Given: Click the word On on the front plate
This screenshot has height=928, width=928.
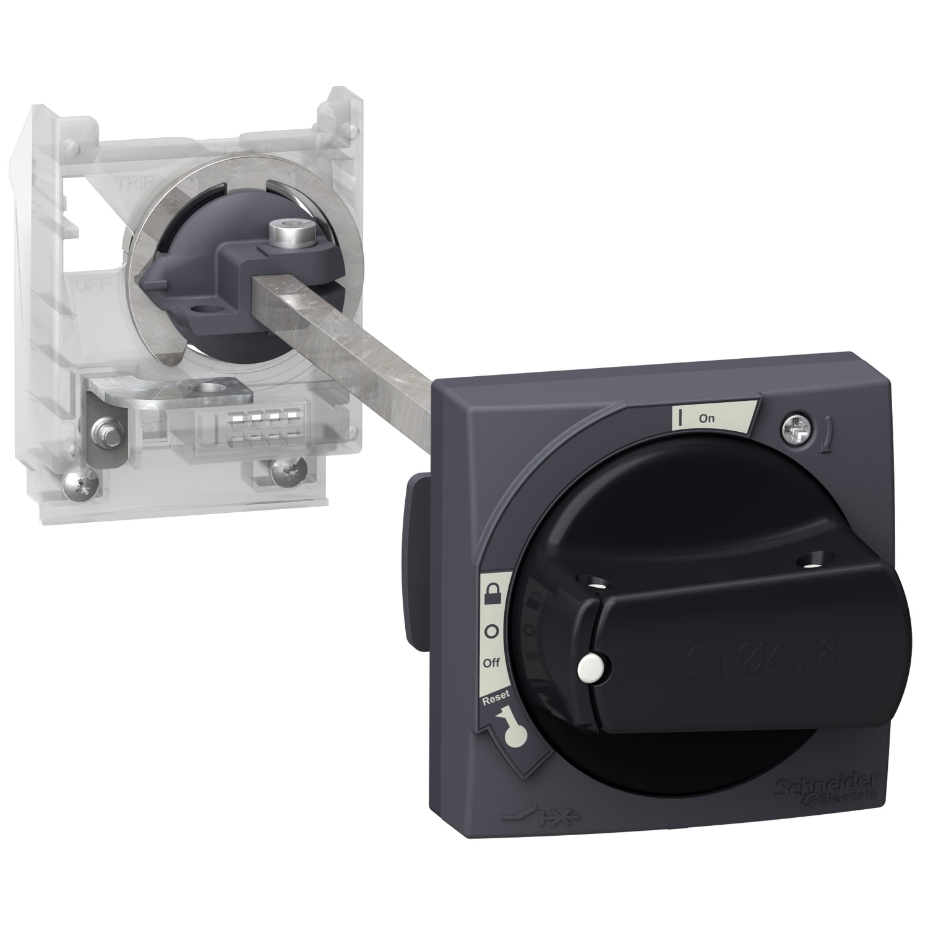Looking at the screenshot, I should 707,418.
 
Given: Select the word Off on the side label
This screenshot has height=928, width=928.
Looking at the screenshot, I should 491,663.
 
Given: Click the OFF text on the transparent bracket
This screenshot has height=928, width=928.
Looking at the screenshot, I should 88,286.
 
